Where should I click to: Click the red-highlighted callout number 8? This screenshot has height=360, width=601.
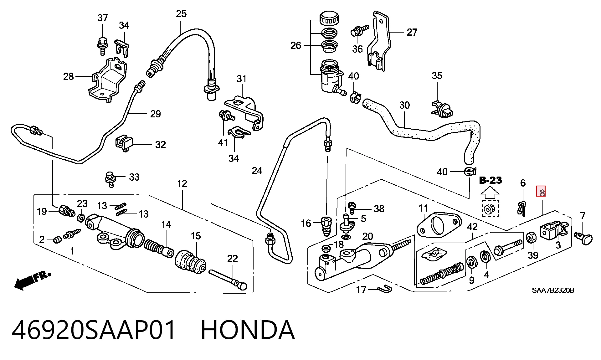pos(541,191)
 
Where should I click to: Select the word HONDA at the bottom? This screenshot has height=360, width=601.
pos(248,330)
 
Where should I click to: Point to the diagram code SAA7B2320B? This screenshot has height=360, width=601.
pos(553,290)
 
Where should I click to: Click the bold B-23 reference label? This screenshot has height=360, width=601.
pos(491,180)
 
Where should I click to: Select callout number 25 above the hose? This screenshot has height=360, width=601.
pos(181,14)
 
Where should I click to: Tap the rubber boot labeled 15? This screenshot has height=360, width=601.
pos(190,262)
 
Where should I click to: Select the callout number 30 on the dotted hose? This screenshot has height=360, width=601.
pos(404,105)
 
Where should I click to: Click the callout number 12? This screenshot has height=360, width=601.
pos(182,183)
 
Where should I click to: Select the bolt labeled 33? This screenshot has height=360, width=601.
pos(110,179)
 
